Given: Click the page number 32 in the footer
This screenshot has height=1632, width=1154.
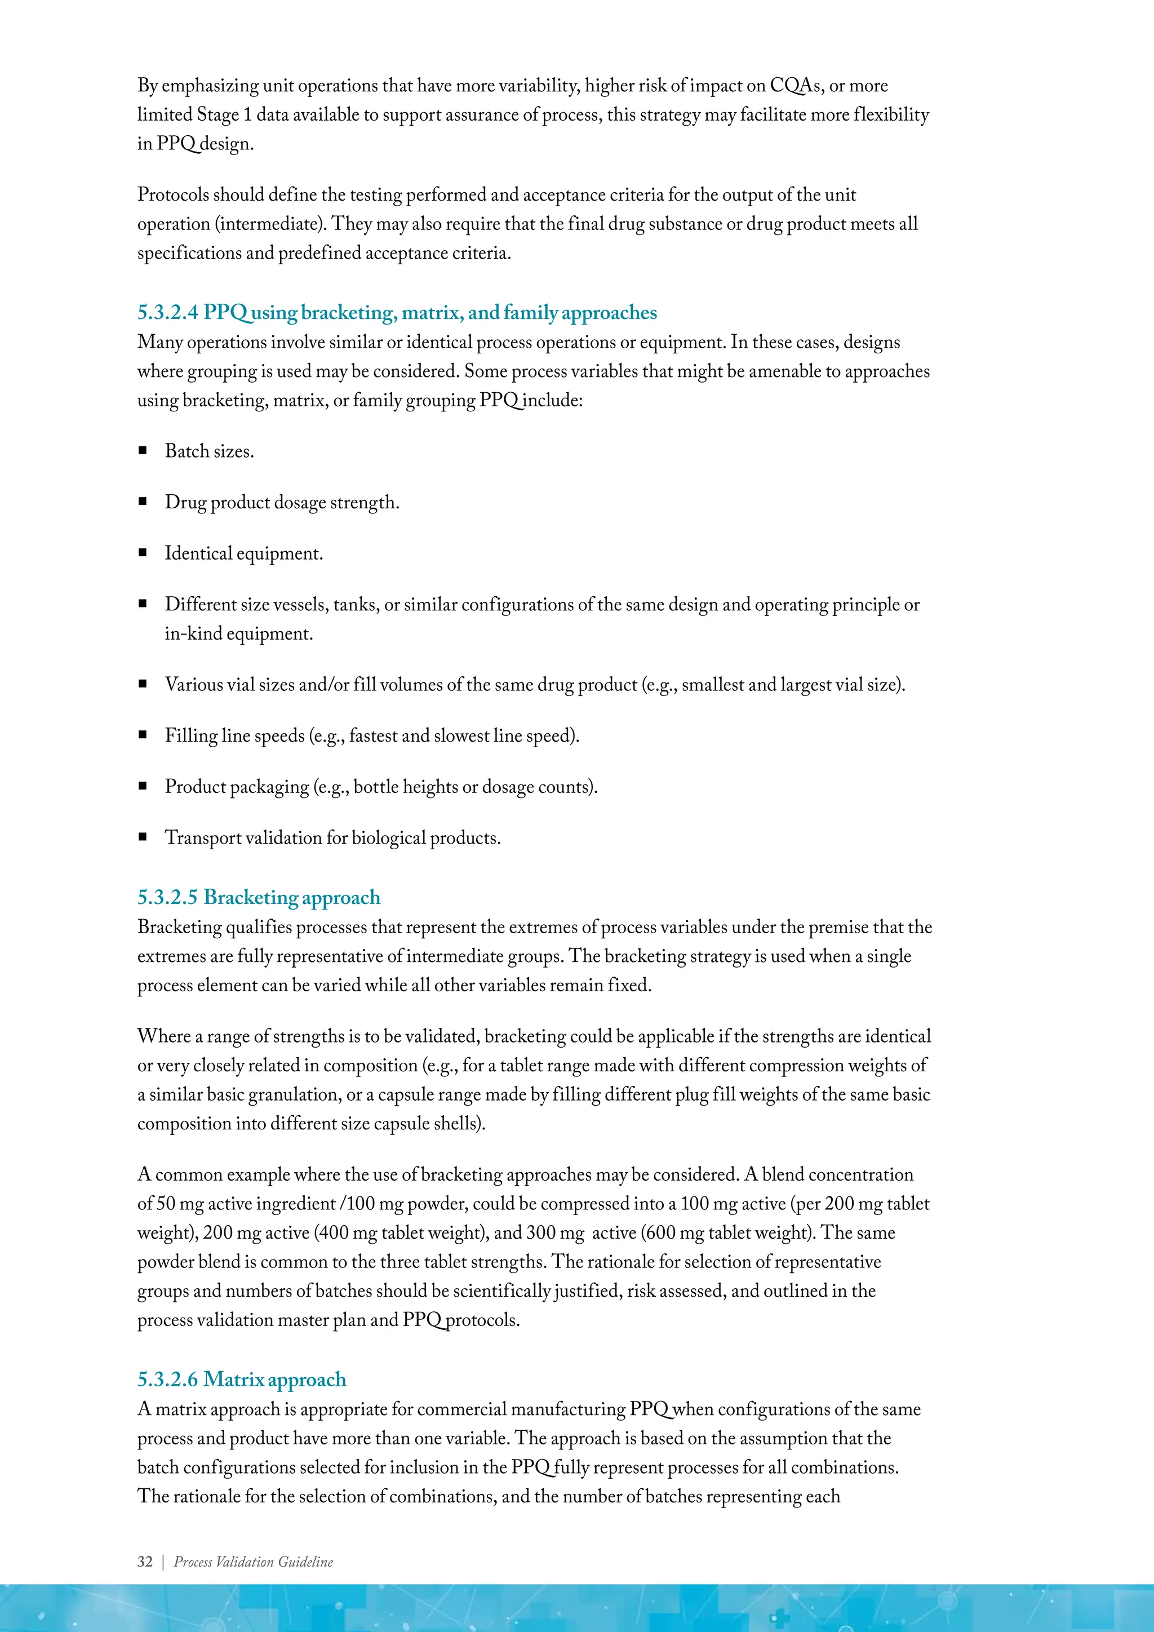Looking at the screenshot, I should click(145, 1562).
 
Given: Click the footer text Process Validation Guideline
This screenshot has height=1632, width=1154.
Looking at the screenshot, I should click(253, 1562).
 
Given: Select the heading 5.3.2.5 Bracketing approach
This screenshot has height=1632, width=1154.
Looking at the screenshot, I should click(259, 897).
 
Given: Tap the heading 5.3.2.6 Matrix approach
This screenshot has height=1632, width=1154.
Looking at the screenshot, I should click(242, 1379).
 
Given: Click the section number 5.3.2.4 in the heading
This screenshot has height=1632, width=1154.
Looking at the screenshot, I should click(168, 313).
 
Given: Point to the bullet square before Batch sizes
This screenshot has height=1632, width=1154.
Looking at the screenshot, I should click(143, 451).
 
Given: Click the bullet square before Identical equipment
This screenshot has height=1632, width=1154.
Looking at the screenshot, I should click(143, 553).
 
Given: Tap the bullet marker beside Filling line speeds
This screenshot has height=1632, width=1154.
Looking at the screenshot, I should click(143, 735).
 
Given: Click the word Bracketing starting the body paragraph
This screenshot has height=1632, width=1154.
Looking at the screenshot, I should click(179, 928).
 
